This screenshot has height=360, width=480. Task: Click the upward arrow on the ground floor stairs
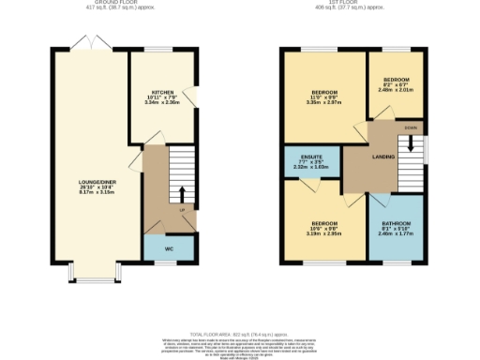click(x=181, y=194)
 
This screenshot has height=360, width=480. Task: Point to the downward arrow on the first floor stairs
click(x=410, y=145)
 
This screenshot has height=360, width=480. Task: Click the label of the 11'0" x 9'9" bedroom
click(x=322, y=92)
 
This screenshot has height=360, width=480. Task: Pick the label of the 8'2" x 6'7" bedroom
click(x=396, y=80)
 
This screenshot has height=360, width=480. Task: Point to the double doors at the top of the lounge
click(x=84, y=42)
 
